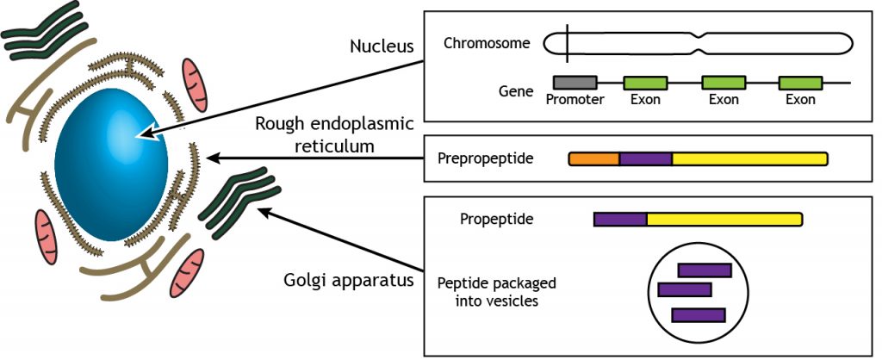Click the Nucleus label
click(x=384, y=45)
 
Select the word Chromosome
click(x=487, y=42)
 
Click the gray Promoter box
click(x=575, y=83)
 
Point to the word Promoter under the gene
click(x=575, y=100)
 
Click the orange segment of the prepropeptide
click(x=594, y=158)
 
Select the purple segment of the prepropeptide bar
click(x=645, y=158)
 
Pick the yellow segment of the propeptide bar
click(x=724, y=220)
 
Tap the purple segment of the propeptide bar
click(x=620, y=220)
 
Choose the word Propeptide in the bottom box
click(x=497, y=219)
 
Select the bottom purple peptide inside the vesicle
click(x=698, y=315)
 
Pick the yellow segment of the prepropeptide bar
click(x=749, y=158)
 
